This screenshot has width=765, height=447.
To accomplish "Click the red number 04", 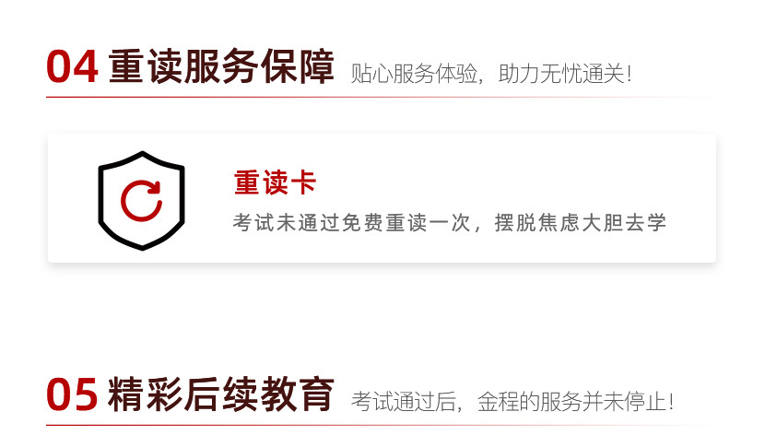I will (72, 67).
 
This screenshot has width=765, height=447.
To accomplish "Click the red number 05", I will (72, 395).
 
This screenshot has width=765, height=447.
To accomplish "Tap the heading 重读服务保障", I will (221, 67).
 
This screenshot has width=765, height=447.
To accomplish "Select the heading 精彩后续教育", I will (221, 395).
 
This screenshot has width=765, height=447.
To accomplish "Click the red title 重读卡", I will (275, 182).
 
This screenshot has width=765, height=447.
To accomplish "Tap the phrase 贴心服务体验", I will (415, 75).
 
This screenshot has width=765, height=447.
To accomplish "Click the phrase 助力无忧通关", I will (561, 75).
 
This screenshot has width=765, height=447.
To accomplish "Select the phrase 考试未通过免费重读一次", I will (354, 223).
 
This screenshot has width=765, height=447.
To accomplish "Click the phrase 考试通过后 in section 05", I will (405, 402).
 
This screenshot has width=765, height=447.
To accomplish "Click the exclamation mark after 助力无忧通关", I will (630, 75).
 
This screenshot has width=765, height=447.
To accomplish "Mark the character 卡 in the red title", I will (302, 182).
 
